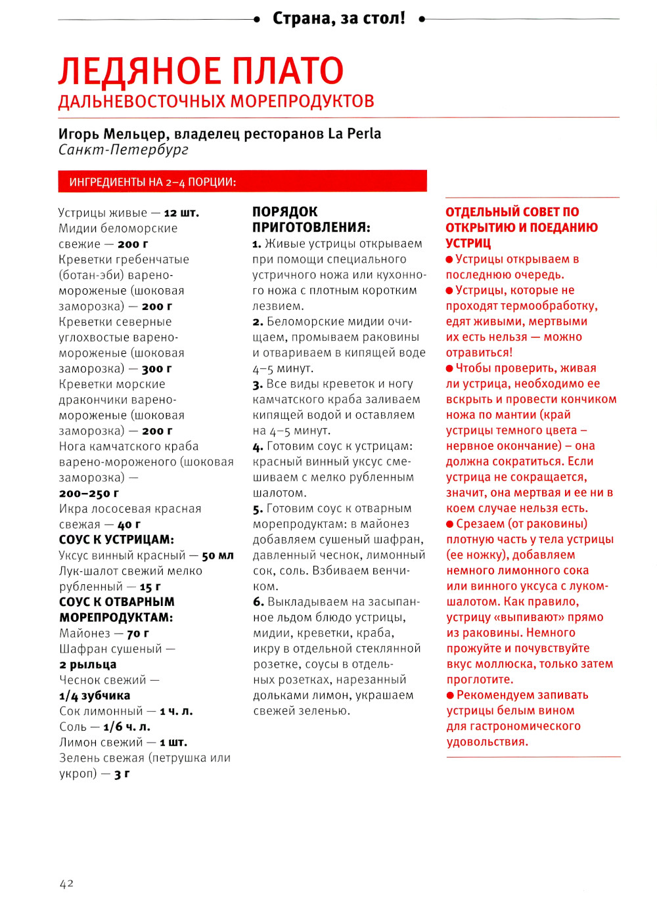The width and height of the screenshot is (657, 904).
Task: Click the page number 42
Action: click(66, 884)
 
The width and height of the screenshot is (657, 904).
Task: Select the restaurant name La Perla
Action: click(354, 133)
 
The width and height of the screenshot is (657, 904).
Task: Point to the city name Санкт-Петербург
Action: click(124, 150)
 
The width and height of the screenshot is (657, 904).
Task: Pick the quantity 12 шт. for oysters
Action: click(181, 213)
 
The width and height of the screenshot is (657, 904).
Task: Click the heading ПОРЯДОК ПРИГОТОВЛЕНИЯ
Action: click(311, 219)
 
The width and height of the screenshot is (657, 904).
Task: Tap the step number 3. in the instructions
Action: click(258, 384)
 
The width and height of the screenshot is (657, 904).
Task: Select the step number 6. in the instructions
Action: click(258, 602)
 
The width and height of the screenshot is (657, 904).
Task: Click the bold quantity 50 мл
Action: click(217, 555)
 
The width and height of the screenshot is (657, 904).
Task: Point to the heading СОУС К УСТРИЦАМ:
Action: click(116, 540)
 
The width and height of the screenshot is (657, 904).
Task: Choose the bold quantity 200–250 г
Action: click(89, 493)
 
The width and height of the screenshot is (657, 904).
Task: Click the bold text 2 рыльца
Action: click(87, 664)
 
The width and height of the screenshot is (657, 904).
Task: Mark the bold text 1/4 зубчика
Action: click(95, 695)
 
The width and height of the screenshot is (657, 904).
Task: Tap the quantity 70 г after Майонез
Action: click(137, 634)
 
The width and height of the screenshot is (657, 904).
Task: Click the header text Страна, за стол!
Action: click(339, 18)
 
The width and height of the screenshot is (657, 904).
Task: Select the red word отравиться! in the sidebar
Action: click(479, 353)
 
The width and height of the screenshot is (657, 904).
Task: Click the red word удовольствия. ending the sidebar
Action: click(487, 742)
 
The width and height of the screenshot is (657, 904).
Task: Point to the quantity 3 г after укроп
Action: click(122, 774)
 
